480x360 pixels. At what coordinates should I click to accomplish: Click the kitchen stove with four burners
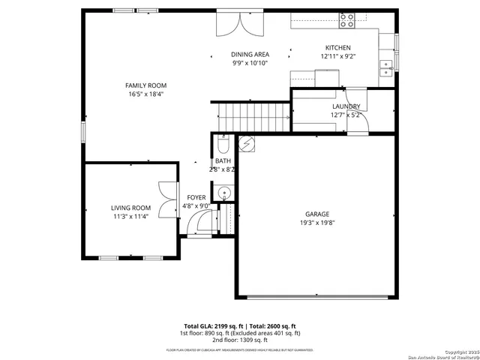[x=347, y=21]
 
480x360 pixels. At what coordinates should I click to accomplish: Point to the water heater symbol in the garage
[x=246, y=142]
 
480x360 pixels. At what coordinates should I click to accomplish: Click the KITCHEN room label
[x=337, y=48]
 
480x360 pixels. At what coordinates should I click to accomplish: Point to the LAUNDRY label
[x=346, y=106]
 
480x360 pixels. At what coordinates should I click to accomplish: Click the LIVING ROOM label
[x=130, y=208]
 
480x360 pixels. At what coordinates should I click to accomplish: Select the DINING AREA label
[x=250, y=55]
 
